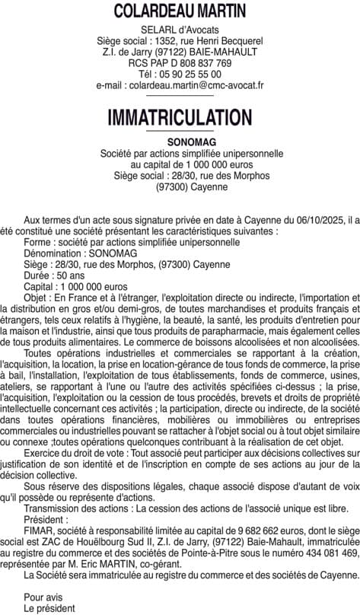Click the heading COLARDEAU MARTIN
tap(180, 11)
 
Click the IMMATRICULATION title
tap(180, 118)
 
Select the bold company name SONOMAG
tap(180, 142)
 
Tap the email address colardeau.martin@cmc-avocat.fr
tap(180, 85)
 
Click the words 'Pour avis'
tap(43, 596)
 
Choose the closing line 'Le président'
tap(49, 607)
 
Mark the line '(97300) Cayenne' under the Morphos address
tap(180, 186)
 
